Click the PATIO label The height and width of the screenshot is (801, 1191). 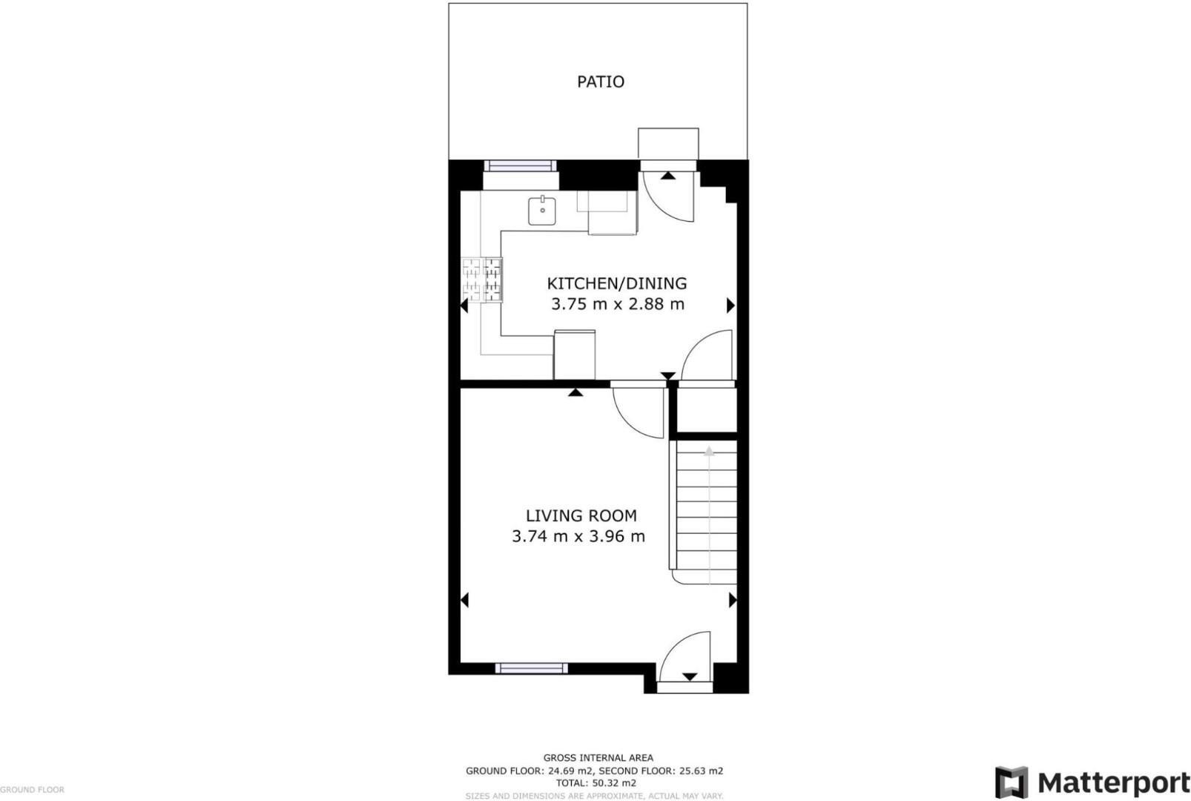pos(601,82)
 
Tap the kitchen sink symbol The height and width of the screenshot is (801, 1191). pos(542,211)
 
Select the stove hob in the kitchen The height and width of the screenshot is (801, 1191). pos(482,280)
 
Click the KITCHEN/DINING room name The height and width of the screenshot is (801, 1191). pos(616,283)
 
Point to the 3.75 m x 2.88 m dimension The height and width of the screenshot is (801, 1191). pos(617,304)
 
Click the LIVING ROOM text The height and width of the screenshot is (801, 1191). pos(581,515)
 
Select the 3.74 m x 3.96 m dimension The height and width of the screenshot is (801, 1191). pos(578,536)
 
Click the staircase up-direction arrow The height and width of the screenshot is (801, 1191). pos(709,451)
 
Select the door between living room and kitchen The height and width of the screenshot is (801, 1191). pos(639,412)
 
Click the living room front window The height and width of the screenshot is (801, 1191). pos(531,668)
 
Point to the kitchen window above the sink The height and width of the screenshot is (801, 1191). pos(520,166)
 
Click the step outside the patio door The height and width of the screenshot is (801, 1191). pos(668,143)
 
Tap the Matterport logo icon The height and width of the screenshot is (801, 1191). pos(1011,782)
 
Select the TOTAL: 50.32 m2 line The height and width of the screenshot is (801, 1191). pos(595,782)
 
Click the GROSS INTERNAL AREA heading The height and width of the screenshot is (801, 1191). pos(598,758)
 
